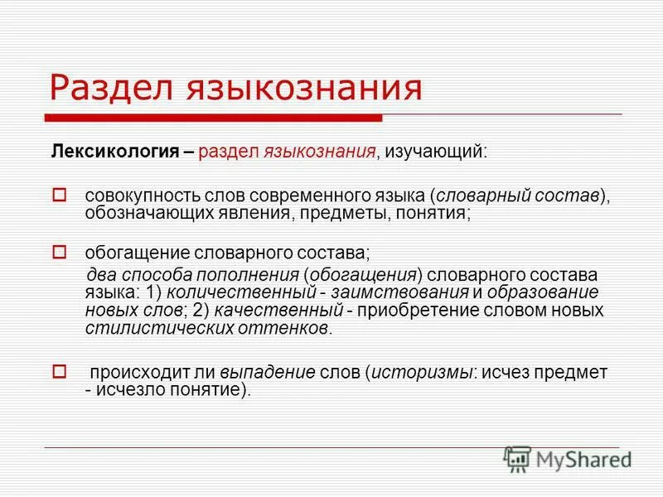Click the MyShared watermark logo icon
pos(517,457)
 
